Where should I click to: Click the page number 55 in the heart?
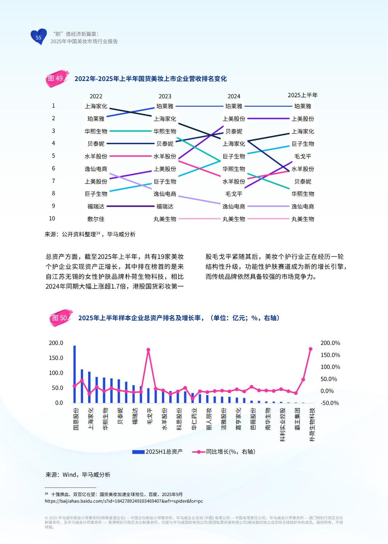click(x=38, y=37)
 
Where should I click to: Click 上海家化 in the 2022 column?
click(x=96, y=106)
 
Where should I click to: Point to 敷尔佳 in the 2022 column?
click(x=96, y=219)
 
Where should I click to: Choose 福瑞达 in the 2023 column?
click(x=165, y=206)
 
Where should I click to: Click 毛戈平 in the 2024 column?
click(x=234, y=194)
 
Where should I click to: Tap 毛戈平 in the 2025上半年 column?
click(x=303, y=156)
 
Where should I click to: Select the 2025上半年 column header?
click(x=303, y=95)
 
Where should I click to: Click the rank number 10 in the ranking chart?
click(x=52, y=219)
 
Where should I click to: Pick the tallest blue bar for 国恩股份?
click(x=75, y=374)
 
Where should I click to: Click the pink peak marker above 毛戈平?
click(x=148, y=350)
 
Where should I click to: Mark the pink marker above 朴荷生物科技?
click(x=310, y=349)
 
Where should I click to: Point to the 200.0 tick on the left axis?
click(x=56, y=343)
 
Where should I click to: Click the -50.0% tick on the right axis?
click(x=330, y=403)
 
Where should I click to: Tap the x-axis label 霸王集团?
click(x=297, y=419)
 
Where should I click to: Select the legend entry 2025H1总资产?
click(x=158, y=452)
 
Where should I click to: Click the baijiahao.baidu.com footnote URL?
click(x=124, y=501)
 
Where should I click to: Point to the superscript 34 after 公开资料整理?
click(x=98, y=233)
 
